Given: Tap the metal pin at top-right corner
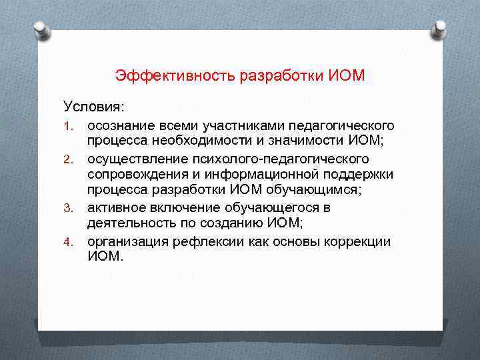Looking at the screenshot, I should pos(439,29).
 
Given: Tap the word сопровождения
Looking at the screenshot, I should pos(136,175).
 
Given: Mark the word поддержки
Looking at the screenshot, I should pos(361,175).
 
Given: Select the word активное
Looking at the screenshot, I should pos(115,207).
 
